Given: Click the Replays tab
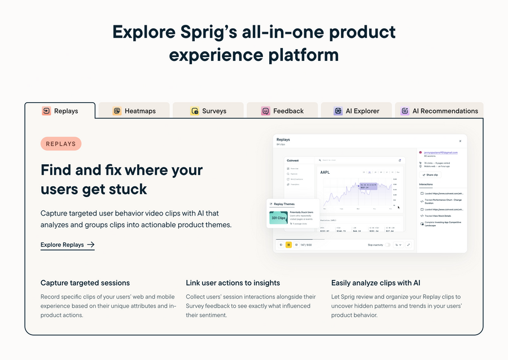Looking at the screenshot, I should point(60,111).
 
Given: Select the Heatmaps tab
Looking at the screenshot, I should point(134,111).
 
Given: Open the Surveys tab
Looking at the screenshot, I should point(208,111).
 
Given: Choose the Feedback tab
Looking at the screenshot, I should point(282,111).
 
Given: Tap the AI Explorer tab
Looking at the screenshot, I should point(356,111).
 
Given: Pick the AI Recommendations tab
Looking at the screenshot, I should point(439,111).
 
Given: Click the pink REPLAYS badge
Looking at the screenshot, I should point(61,144).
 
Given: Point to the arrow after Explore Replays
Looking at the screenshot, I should point(90,245).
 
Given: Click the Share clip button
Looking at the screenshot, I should point(431,175).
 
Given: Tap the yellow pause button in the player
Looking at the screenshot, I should point(288,245).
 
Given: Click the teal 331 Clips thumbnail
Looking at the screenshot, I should point(278,218).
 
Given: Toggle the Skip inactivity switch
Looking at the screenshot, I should point(387,245).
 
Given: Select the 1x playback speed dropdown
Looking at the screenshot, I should point(398,245).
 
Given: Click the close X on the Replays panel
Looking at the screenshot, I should point(460,141).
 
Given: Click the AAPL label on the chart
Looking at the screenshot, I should point(325,172).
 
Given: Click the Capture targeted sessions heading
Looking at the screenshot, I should point(85,283).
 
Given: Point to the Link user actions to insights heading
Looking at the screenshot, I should point(233,283).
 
